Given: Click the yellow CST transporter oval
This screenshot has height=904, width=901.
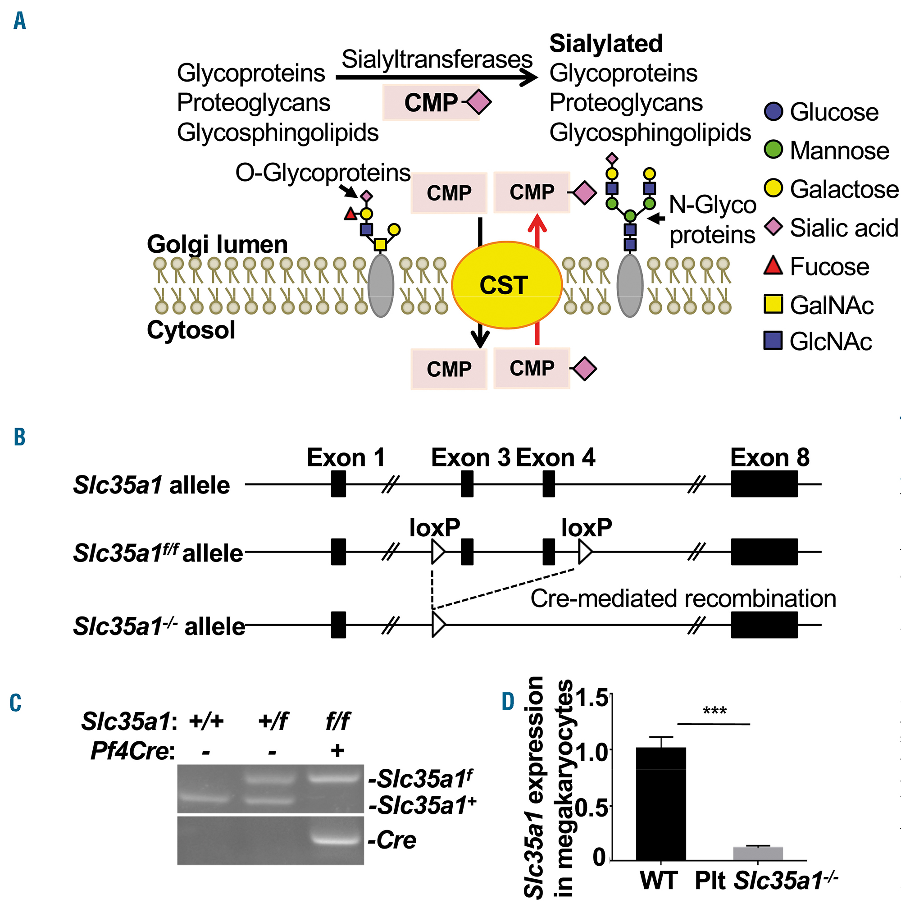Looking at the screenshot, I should point(506,285).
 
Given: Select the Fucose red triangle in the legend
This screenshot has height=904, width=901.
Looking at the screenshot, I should point(774,265).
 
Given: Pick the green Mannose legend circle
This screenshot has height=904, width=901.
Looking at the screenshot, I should point(774,149).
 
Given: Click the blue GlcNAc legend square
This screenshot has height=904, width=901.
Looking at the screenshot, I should point(774,340).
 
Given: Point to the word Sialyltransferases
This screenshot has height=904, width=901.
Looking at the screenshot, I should point(437,59).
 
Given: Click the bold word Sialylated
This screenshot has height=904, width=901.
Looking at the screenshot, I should point(606,44).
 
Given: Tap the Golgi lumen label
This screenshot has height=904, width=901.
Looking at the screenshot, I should point(217,244).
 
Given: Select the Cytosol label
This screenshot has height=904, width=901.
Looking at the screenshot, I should point(191,330).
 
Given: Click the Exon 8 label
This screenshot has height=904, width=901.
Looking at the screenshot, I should point(769,457).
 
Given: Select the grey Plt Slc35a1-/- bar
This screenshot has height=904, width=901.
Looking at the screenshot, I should point(758,854).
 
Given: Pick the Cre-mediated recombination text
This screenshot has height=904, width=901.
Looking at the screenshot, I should point(683,598).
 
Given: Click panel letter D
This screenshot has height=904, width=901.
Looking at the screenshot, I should point(508,701).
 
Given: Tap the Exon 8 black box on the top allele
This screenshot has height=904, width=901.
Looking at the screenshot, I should point(764,484).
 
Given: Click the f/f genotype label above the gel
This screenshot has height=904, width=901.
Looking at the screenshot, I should point(337,721).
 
